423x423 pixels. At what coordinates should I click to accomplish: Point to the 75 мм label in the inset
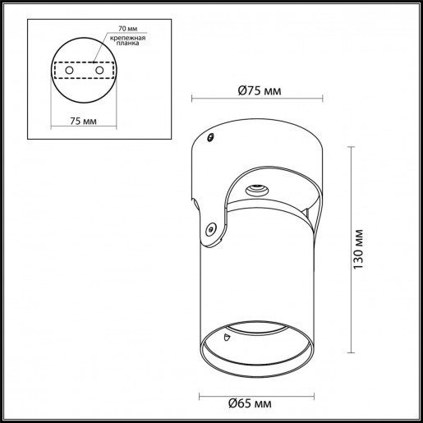tap(82, 122)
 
